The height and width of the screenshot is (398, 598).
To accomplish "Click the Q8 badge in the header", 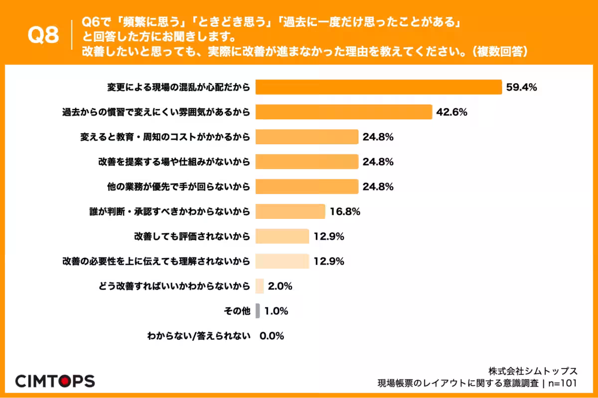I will (43, 36).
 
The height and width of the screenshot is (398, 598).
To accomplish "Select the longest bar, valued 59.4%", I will (378, 87).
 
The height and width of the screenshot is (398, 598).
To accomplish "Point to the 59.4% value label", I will (521, 88).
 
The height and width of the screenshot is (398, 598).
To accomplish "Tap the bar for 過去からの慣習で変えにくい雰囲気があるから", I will (343, 112).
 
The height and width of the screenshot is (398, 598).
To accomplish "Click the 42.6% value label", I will (451, 112).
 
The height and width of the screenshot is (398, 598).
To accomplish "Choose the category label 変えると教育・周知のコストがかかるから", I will (164, 137).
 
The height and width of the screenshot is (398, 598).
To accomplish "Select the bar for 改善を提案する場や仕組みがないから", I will (307, 162).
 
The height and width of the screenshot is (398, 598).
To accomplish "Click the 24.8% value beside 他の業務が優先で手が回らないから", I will (378, 187).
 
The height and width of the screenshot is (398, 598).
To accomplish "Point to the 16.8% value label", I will (345, 212).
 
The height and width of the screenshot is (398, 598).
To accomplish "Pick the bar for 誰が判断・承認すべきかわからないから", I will (290, 211).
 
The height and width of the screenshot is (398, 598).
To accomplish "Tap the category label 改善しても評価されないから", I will (192, 236).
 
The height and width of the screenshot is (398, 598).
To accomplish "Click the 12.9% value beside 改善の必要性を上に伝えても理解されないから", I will (329, 262).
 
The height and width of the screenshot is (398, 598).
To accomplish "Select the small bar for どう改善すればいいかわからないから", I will (259, 286).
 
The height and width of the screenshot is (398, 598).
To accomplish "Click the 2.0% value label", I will (280, 287).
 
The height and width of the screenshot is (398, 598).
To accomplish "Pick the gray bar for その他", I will (258, 311).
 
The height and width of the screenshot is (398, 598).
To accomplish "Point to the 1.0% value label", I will (276, 311).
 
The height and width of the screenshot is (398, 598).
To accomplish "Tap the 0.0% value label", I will (272, 336).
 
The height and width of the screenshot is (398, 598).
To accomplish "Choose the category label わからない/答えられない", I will (198, 336).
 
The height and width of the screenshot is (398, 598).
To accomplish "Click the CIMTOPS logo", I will (55, 381).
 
